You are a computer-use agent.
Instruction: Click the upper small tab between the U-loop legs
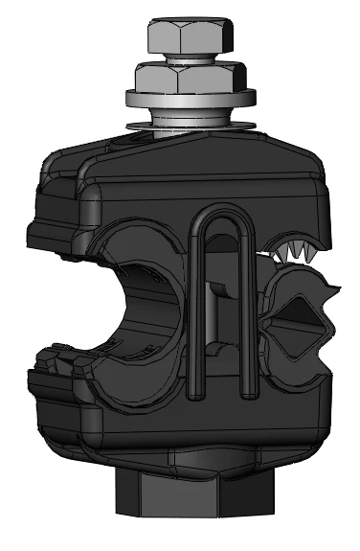[221, 288]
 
